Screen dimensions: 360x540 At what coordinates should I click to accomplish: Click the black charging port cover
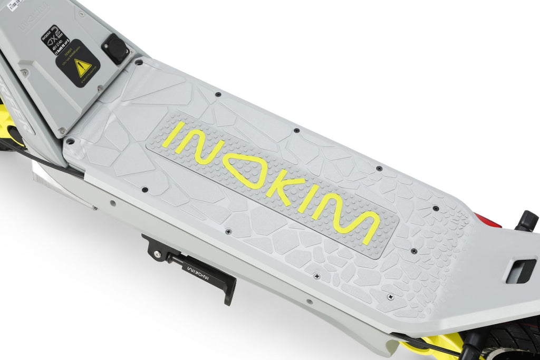[x=115, y=48]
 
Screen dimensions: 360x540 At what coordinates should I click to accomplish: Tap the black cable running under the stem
[x=42, y=158]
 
